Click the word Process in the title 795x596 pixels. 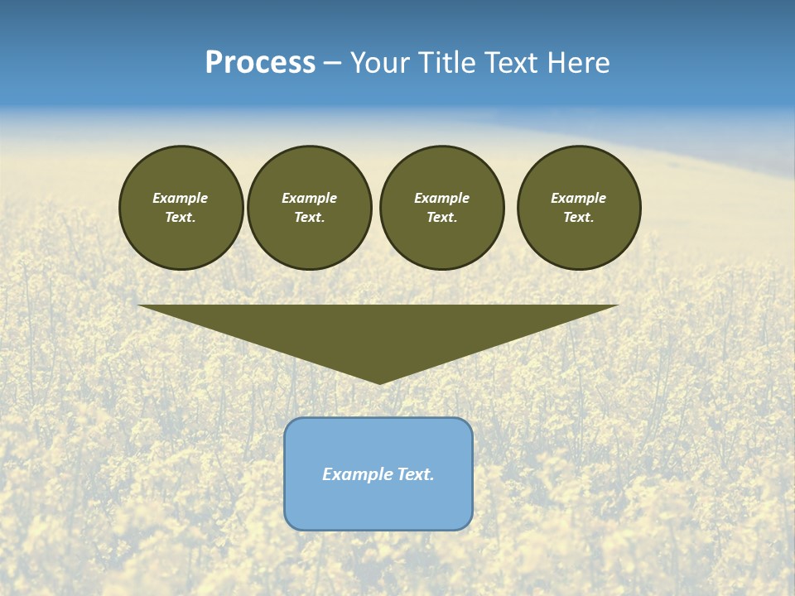(260, 63)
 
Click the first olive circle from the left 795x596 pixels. (181, 208)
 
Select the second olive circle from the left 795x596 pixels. (309, 208)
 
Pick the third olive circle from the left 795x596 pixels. (441, 208)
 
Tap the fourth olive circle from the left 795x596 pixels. (579, 208)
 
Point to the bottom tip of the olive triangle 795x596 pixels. (379, 382)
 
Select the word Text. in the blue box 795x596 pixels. (415, 474)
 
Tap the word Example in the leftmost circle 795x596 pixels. (181, 198)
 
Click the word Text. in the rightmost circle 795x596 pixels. (579, 218)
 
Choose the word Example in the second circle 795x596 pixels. (309, 198)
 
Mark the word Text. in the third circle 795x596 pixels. (441, 218)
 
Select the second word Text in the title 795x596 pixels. (515, 63)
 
